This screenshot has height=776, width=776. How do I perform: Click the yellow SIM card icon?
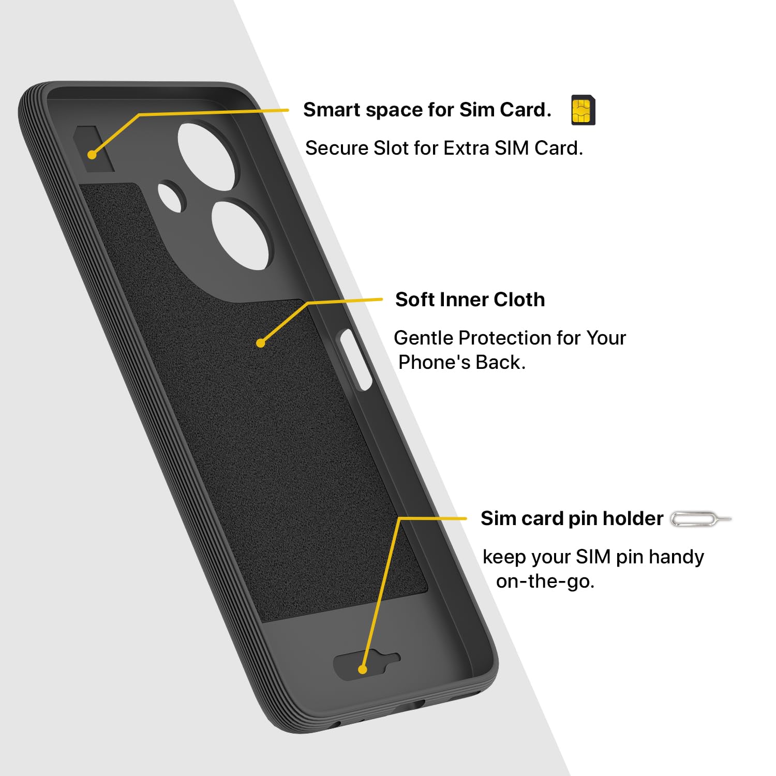click(x=583, y=110)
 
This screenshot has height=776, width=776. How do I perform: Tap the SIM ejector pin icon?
click(x=700, y=519)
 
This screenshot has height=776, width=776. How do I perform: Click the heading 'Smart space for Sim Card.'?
click(x=427, y=110)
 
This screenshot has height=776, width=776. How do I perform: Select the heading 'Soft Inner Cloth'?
click(x=470, y=300)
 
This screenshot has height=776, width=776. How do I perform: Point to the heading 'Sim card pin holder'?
click(x=572, y=518)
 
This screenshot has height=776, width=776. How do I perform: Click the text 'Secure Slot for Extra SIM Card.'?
click(x=444, y=148)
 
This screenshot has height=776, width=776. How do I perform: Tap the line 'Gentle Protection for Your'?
click(x=510, y=338)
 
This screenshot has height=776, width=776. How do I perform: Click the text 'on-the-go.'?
click(x=545, y=581)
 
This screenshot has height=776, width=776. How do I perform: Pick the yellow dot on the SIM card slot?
click(x=92, y=154)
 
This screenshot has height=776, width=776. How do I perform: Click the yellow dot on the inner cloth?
click(x=261, y=342)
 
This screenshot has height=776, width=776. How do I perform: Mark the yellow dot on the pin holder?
click(x=363, y=669)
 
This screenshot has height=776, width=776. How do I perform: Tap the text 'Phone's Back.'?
click(x=461, y=362)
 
